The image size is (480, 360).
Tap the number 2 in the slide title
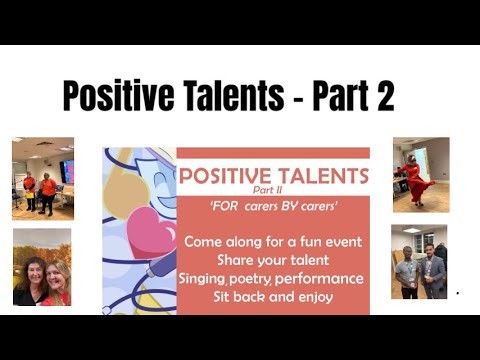[381, 96]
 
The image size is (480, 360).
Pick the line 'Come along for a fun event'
[272, 241]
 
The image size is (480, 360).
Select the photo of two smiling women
[42, 268]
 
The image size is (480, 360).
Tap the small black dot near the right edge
[458, 294]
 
